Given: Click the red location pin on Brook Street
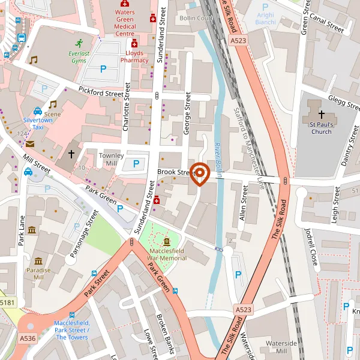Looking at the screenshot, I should pos(199,174).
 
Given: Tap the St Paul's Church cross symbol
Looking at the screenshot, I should pos(321,114).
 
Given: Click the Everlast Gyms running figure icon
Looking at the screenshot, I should pos(79,43).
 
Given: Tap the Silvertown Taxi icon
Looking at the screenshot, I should pos(38,111).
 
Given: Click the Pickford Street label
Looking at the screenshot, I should pos(101,92).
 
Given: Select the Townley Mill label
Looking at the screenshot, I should pos(111,159).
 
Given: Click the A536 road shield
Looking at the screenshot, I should pos(27,338).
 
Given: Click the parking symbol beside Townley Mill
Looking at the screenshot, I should pos(136,163).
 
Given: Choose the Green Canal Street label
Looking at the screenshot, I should pos(322,22).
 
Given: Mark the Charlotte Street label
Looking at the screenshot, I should pos(126,107).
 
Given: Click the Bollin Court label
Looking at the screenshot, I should pos(196,18).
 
